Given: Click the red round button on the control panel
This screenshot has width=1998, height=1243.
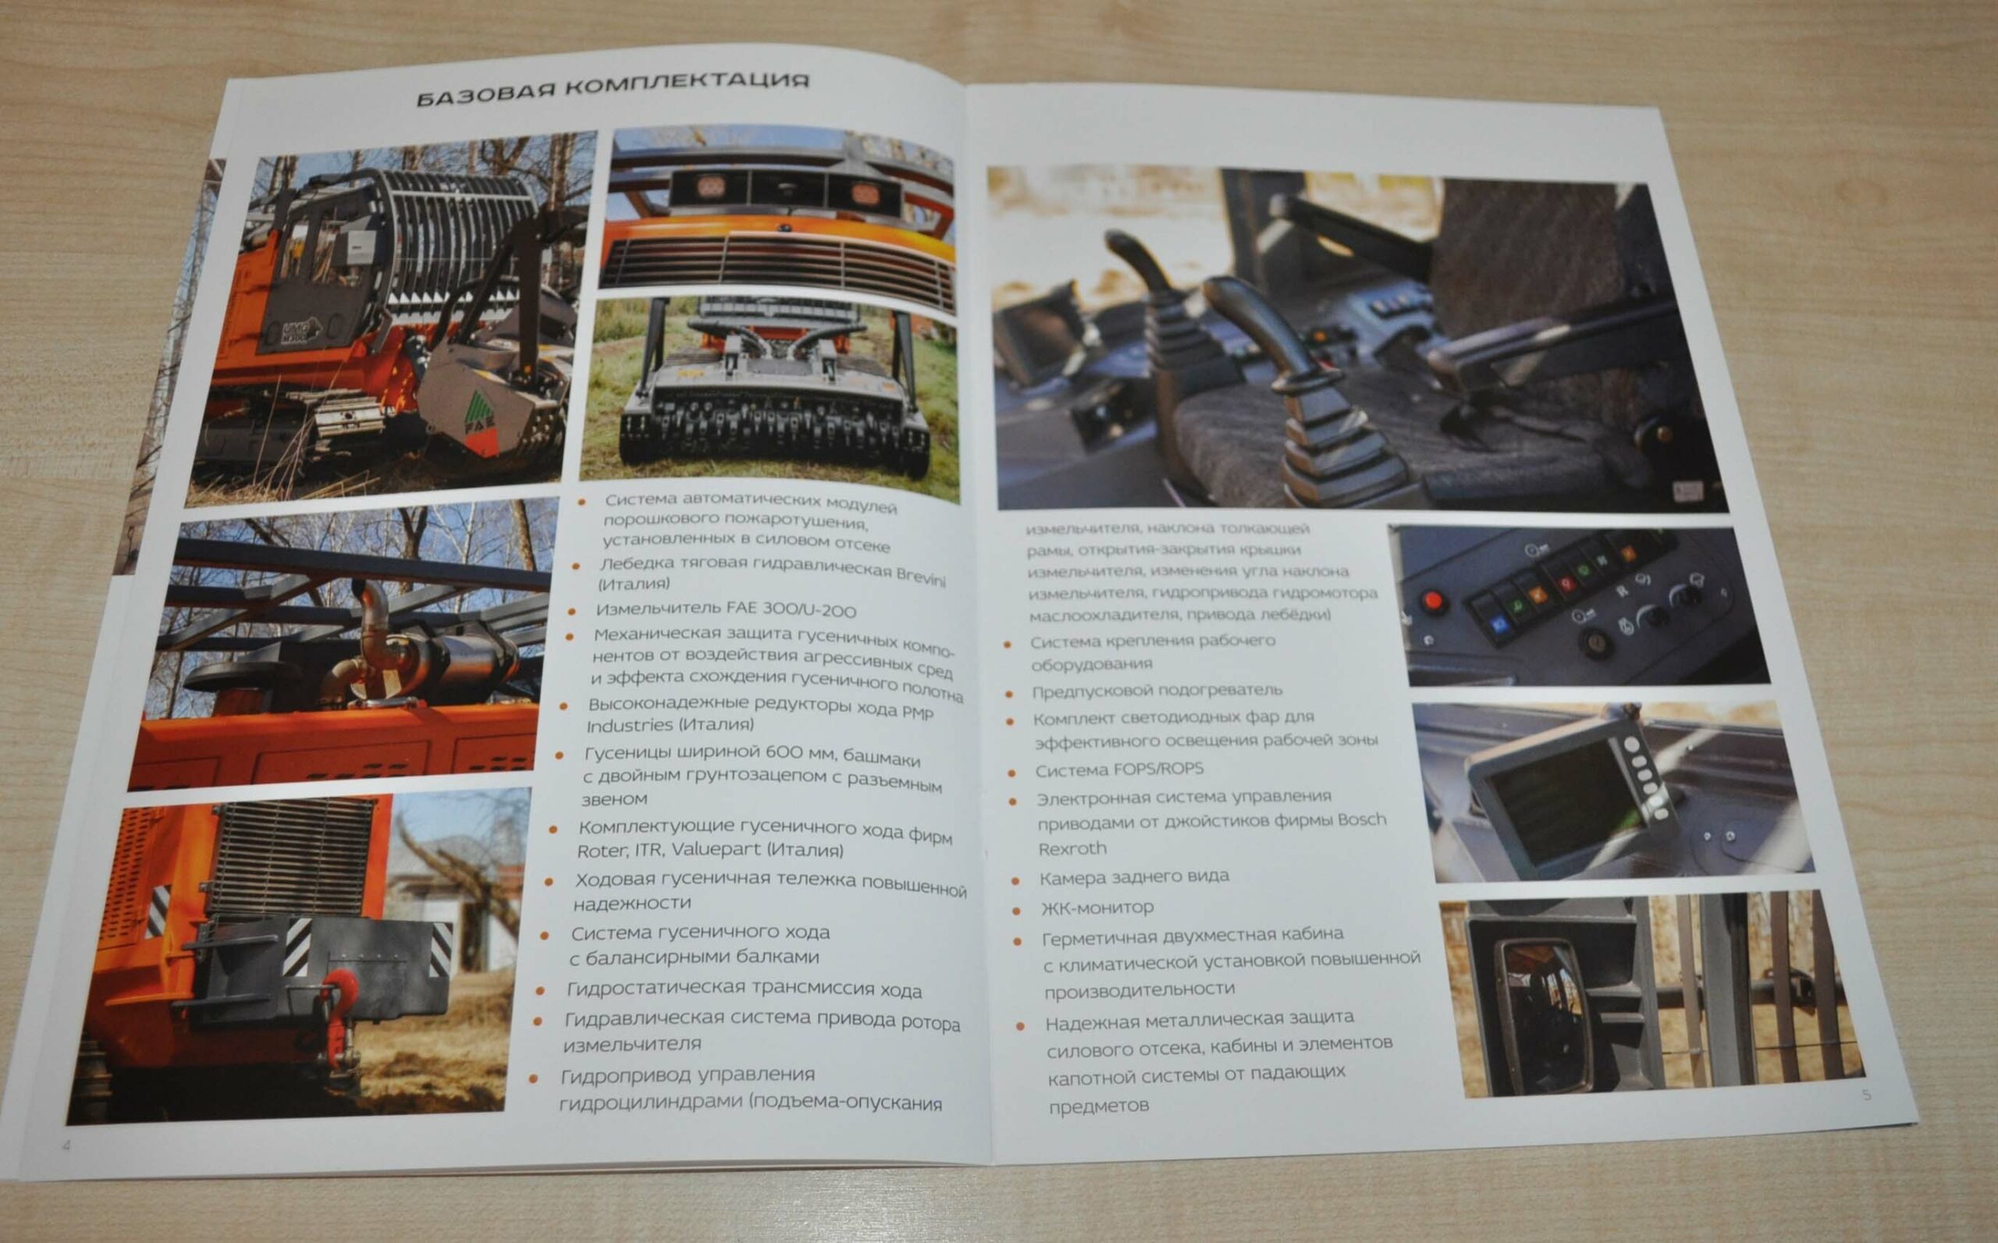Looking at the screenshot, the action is coord(1434,600).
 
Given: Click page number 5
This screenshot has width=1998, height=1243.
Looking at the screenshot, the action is coord(1866,1095).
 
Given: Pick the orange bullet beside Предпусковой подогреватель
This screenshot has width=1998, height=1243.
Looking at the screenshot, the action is coord(1011,694).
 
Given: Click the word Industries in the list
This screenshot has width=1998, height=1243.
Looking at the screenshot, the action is coord(629,725).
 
